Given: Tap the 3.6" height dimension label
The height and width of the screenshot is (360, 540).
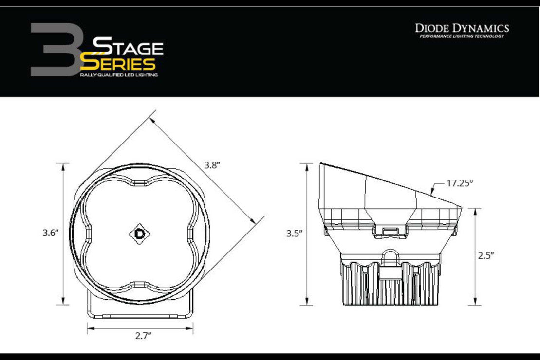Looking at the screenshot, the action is click(50, 233).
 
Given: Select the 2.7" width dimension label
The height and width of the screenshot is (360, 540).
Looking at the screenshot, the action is click(143, 336).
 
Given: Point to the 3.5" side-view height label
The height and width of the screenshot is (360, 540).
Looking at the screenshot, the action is click(295, 234).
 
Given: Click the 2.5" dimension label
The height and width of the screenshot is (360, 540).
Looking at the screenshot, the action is click(486, 255).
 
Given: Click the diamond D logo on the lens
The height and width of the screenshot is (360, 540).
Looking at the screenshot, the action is click(140, 234).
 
